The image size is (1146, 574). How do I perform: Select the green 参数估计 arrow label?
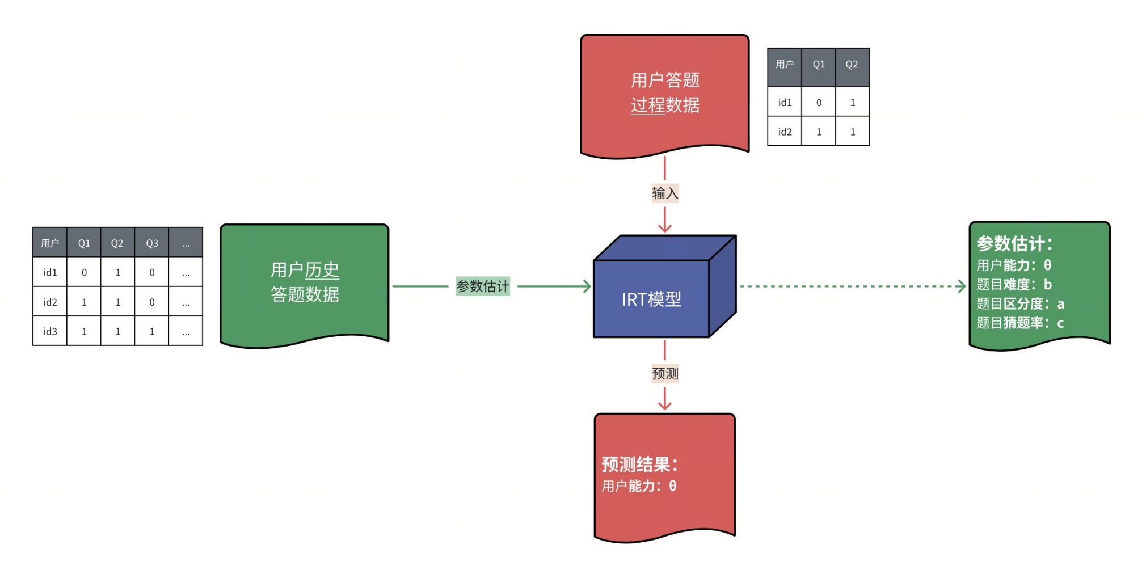tap(483, 286)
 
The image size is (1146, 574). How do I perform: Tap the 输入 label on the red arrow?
tap(664, 193)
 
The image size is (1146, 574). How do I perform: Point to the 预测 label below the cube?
tap(664, 374)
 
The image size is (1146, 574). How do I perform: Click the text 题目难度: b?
tap(1014, 285)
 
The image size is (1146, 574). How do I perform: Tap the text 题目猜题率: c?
tap(1019, 323)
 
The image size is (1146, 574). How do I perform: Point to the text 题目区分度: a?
tap(1019, 304)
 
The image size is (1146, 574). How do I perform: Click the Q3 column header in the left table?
tap(151, 243)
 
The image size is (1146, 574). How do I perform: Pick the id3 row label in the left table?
tap(50, 331)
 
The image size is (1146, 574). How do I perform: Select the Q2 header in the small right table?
tap(852, 65)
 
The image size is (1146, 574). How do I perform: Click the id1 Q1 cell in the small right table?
tap(819, 103)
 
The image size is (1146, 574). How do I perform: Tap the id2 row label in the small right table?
tap(785, 132)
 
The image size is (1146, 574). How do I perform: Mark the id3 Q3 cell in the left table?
tap(151, 331)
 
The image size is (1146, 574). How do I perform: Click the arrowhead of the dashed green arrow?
tap(962, 286)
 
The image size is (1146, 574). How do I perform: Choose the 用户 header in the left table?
tap(50, 243)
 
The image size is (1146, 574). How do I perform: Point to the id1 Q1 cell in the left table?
tap(84, 273)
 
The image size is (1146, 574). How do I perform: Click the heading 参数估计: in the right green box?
tap(1014, 244)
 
